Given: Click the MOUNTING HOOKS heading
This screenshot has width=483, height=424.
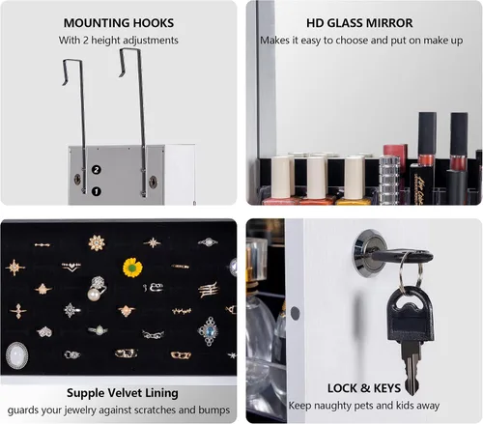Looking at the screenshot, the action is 119,23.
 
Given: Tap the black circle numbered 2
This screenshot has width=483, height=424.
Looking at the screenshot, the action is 97,170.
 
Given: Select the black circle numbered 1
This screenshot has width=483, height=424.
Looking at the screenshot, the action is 96,191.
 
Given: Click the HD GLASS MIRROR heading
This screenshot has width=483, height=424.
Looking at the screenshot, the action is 359,23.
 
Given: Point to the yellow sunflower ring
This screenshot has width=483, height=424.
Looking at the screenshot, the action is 132,268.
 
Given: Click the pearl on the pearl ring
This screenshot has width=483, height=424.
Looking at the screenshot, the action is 94,296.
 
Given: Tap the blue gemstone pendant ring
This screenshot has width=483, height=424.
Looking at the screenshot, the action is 209,331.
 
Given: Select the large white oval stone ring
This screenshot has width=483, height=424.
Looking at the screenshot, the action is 16,355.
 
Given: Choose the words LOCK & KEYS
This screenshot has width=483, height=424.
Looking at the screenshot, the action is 364,388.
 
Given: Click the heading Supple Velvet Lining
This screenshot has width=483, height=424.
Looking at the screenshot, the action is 123,393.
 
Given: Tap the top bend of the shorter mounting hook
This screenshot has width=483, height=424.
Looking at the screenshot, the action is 71,60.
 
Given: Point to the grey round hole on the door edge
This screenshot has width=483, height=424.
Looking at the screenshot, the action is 295,313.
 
